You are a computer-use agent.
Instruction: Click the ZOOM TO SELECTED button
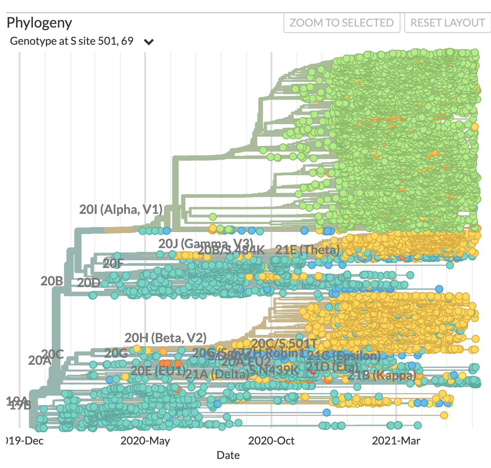342,23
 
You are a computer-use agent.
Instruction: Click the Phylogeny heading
39,23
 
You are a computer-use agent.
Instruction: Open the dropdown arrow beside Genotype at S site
148,42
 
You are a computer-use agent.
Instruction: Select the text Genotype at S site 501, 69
72,41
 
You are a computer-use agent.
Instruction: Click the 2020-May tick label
145,440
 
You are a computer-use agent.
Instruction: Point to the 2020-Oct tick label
271,440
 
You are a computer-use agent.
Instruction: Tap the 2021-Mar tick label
396,440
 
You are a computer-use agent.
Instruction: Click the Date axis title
228,455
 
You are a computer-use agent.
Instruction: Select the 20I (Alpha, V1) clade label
121,209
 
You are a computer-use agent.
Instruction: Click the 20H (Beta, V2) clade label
166,338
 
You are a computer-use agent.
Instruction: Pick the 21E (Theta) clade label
307,250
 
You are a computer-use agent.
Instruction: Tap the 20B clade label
52,281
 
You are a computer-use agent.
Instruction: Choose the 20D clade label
89,283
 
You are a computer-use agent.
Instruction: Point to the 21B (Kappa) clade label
382,375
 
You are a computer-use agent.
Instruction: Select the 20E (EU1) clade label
158,370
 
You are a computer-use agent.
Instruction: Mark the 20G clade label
116,353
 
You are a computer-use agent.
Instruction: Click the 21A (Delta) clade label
217,374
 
